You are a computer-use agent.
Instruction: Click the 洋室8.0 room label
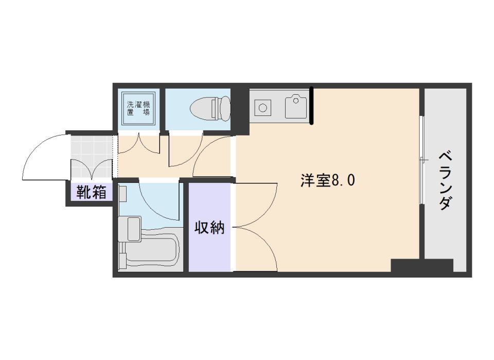tap(328, 181)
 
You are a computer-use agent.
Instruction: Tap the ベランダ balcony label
tap(446, 180)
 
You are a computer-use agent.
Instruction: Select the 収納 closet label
tap(209, 227)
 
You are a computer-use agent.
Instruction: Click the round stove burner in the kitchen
tap(263, 108)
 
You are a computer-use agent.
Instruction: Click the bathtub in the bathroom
tap(150, 252)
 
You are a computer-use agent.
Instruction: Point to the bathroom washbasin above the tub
tap(129, 228)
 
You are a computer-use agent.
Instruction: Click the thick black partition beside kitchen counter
tap(312, 106)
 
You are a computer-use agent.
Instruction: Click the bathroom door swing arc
tap(157, 201)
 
